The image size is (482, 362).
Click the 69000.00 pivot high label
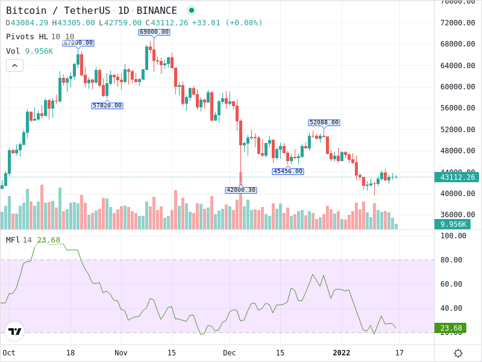(154, 32)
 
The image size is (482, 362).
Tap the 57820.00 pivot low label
(107, 106)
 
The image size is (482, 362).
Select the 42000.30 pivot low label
(241, 190)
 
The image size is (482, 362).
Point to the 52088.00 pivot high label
(324, 122)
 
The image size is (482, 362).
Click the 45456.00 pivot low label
(288, 171)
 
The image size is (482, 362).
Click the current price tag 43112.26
(457, 177)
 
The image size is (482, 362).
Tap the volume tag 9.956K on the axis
(452, 224)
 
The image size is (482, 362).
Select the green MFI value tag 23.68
(450, 328)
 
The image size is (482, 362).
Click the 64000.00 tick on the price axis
(457, 65)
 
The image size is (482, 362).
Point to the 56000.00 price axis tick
(457, 108)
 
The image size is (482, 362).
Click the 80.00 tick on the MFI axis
(453, 260)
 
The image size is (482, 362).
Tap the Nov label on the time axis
(121, 353)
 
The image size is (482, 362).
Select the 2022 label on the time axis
(342, 353)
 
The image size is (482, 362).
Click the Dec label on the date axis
(230, 353)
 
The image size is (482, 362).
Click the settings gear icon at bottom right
(458, 353)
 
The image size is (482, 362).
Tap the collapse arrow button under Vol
(14, 65)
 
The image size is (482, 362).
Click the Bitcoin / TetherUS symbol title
(58, 10)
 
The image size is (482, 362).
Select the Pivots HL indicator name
(27, 37)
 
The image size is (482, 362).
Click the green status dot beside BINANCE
(192, 10)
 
